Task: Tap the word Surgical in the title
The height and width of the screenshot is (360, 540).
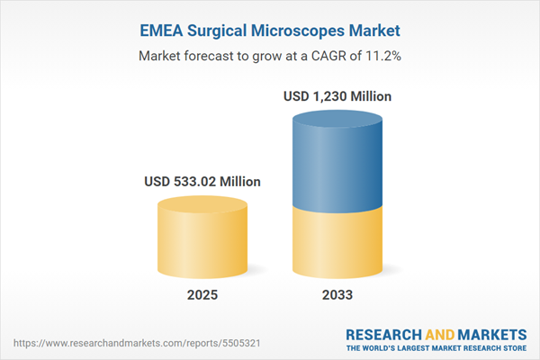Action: point(219,31)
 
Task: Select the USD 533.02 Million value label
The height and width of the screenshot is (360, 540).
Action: point(202,182)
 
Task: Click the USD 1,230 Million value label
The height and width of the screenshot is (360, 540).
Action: point(337,96)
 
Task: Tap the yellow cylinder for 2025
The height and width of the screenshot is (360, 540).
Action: point(202,243)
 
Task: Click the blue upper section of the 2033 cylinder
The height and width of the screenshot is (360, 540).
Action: point(337,162)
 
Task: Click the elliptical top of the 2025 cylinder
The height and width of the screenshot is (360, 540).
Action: point(202,204)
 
